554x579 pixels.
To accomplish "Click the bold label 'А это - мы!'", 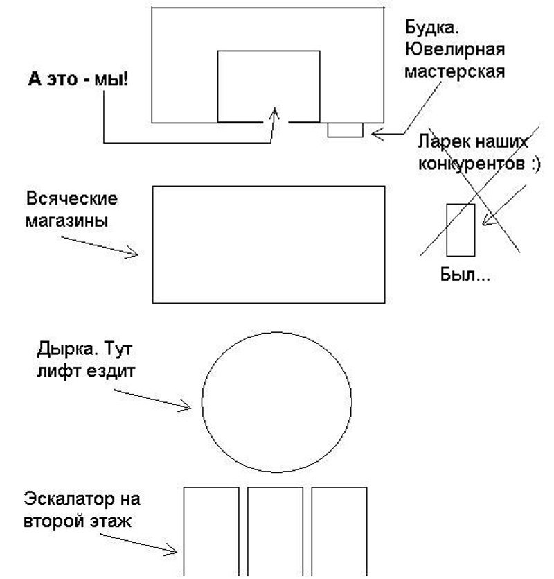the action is (78, 79).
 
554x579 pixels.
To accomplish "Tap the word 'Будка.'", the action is (432, 27).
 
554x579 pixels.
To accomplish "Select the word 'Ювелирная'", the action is (455, 49).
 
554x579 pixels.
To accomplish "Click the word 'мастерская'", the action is (455, 71).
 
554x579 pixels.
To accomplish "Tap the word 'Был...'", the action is (465, 275).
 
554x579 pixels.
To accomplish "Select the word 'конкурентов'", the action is (471, 164).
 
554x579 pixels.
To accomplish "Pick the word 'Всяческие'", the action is (72, 198).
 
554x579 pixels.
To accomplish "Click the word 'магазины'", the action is (66, 221).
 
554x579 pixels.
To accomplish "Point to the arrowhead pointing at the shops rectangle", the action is (133, 253).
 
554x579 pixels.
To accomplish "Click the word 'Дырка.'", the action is (66, 349).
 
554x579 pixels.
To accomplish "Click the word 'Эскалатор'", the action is (69, 499).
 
